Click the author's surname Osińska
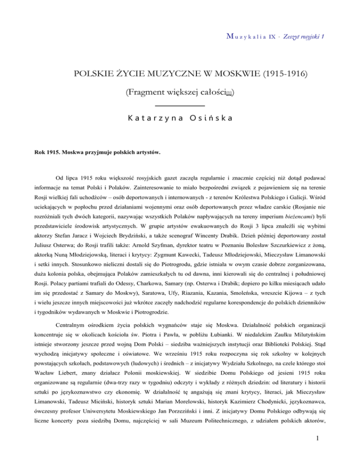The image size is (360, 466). (x=213, y=119)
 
